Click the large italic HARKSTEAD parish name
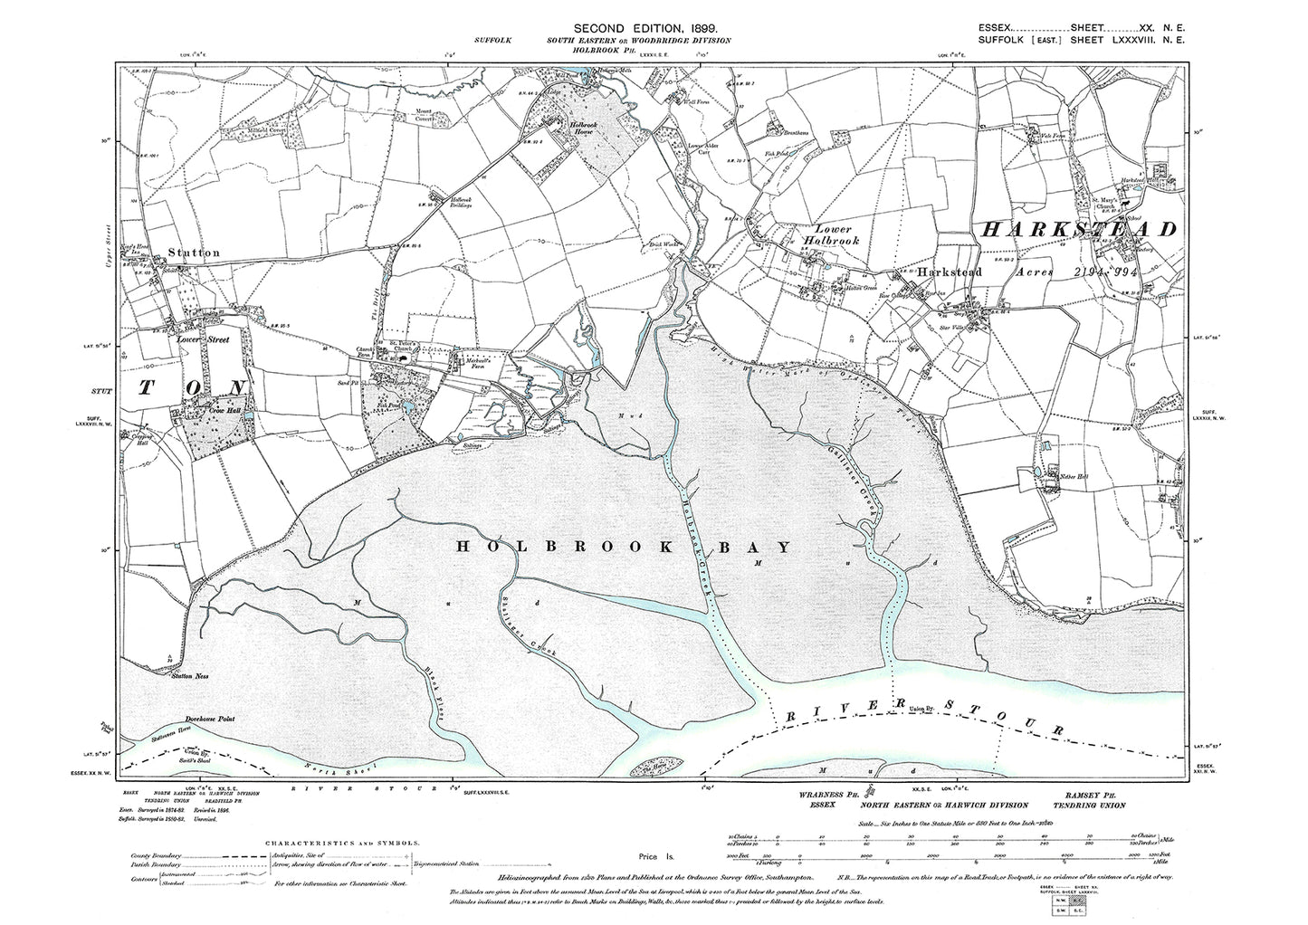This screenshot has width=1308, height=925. click(1079, 229)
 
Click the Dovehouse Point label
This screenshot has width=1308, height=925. click(209, 718)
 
